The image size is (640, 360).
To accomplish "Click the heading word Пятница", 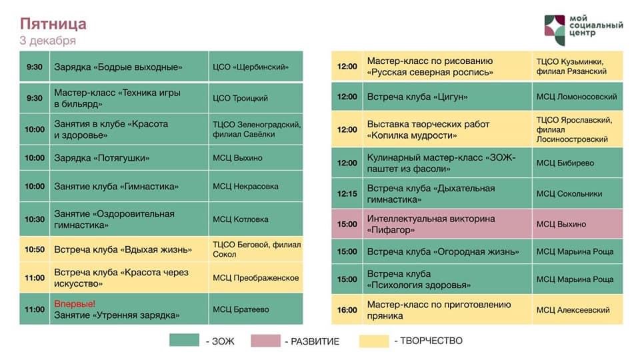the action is tap(53, 24).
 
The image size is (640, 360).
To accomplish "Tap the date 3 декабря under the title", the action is tap(48, 41).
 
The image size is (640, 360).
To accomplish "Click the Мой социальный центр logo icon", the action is tap(555, 30).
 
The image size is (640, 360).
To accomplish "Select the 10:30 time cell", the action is tap(35, 219).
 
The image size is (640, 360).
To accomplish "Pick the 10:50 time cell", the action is tap(35, 249).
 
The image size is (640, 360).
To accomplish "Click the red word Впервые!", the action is tap(75, 304).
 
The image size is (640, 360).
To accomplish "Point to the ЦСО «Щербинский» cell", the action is tap(256, 67).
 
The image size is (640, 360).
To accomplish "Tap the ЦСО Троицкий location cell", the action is tap(256, 98).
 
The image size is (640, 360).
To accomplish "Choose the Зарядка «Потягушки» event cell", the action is tap(129, 158).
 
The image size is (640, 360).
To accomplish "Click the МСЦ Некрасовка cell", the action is tap(256, 186).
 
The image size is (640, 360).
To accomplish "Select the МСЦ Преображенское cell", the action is tap(256, 277).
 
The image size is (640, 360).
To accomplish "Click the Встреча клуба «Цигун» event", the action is tap(447, 97).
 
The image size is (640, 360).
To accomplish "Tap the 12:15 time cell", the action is tap(347, 194).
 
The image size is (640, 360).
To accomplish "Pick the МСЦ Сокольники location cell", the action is tap(577, 194).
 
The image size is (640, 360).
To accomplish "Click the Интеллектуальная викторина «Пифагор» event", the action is tap(447, 224).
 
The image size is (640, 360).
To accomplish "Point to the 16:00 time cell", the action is tap(347, 310).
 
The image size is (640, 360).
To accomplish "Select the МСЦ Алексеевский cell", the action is tap(577, 310).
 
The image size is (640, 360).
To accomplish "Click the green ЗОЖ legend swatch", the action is tap(184, 341).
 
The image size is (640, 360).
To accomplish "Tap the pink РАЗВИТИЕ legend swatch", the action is tap(266, 341).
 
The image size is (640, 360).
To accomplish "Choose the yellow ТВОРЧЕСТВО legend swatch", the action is tap(374, 341).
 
